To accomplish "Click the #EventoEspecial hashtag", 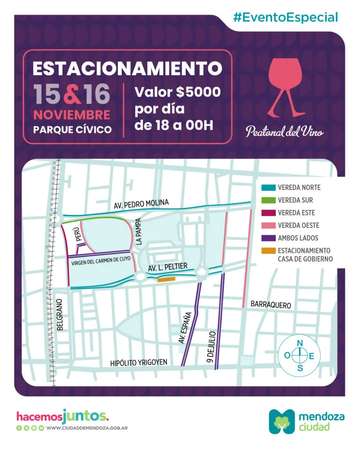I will click(x=286, y=18).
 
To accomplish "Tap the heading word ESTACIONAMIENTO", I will click(x=127, y=68).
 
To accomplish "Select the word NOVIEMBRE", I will click(x=72, y=115).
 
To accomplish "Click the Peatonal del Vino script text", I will click(x=285, y=131).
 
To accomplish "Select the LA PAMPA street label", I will click(x=139, y=232).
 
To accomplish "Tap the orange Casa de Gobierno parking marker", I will click(x=166, y=279).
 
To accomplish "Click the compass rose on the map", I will click(x=300, y=356).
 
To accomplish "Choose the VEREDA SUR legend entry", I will click(x=292, y=200).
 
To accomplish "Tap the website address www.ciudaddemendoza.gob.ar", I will click(x=87, y=428).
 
